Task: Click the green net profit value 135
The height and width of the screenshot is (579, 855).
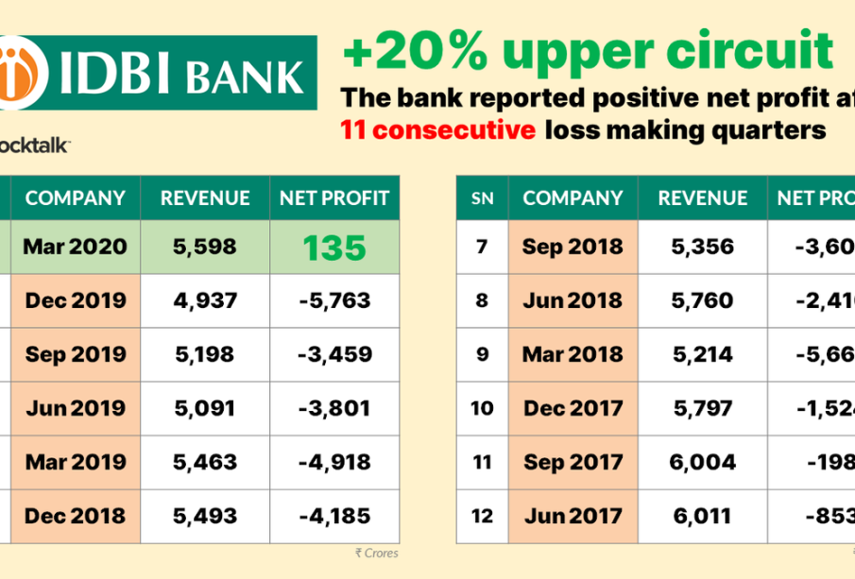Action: [333, 247]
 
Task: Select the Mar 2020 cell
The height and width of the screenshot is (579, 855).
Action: [76, 247]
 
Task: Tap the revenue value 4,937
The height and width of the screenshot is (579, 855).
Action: [205, 301]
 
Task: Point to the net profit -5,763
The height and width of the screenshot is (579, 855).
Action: [333, 301]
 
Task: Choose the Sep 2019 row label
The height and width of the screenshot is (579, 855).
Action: [76, 355]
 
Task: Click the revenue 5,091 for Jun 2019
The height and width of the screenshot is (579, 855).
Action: [205, 409]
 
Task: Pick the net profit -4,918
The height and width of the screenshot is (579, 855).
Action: [333, 463]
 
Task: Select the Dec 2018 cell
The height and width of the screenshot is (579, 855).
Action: [76, 517]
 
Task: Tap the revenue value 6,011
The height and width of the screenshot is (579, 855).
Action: [703, 517]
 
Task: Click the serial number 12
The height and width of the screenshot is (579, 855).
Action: [482, 517]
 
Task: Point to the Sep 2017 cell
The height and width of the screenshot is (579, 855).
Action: [573, 463]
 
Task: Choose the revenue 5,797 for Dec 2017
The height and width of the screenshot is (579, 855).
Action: [703, 409]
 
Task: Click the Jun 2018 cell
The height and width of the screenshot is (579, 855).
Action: [573, 301]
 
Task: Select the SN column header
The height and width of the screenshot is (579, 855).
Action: [482, 198]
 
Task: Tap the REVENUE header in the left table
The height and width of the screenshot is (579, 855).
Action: [205, 198]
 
